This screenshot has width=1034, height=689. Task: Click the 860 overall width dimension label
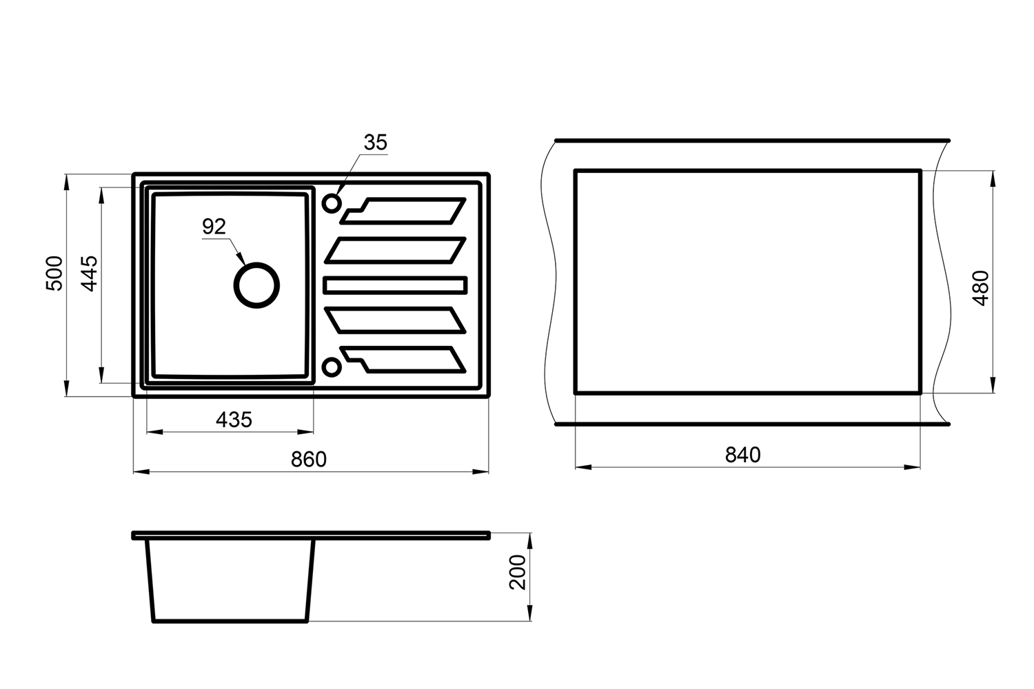point(308,459)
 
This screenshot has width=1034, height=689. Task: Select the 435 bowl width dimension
point(234,420)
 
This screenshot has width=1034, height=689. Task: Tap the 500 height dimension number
point(54,273)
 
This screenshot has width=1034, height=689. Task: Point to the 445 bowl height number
point(90,274)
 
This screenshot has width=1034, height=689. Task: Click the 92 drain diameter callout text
point(214,226)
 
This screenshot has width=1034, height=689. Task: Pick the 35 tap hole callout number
point(375,143)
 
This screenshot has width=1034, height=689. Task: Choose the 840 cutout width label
point(742,455)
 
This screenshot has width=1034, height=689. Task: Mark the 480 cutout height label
point(980,288)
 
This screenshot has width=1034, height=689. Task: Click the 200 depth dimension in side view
point(518,573)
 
